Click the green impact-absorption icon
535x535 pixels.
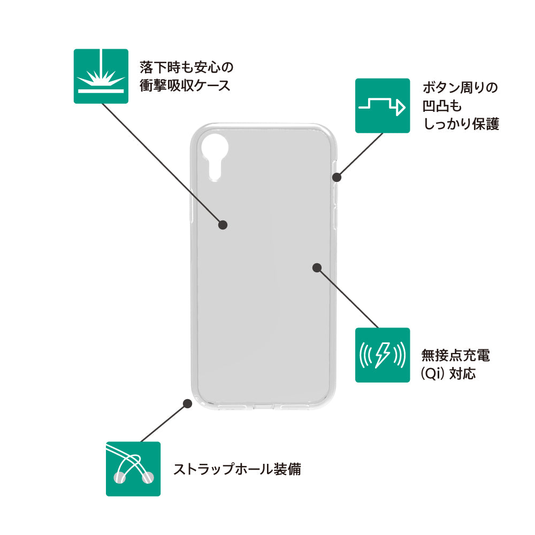[x=101, y=76]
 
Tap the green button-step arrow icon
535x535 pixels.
[x=383, y=105]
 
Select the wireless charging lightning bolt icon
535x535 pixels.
[x=383, y=355]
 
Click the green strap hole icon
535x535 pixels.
[x=133, y=469]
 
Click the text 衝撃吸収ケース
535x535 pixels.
[x=185, y=86]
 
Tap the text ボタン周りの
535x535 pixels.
[x=460, y=87]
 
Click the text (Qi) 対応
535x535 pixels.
[x=448, y=373]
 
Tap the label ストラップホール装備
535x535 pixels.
[x=237, y=469]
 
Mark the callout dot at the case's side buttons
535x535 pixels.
[x=338, y=177]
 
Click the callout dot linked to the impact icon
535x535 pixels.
[x=224, y=225]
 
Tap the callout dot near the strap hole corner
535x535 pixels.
[x=187, y=404]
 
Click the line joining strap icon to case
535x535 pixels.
[x=163, y=423]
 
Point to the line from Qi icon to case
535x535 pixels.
[x=348, y=297]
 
